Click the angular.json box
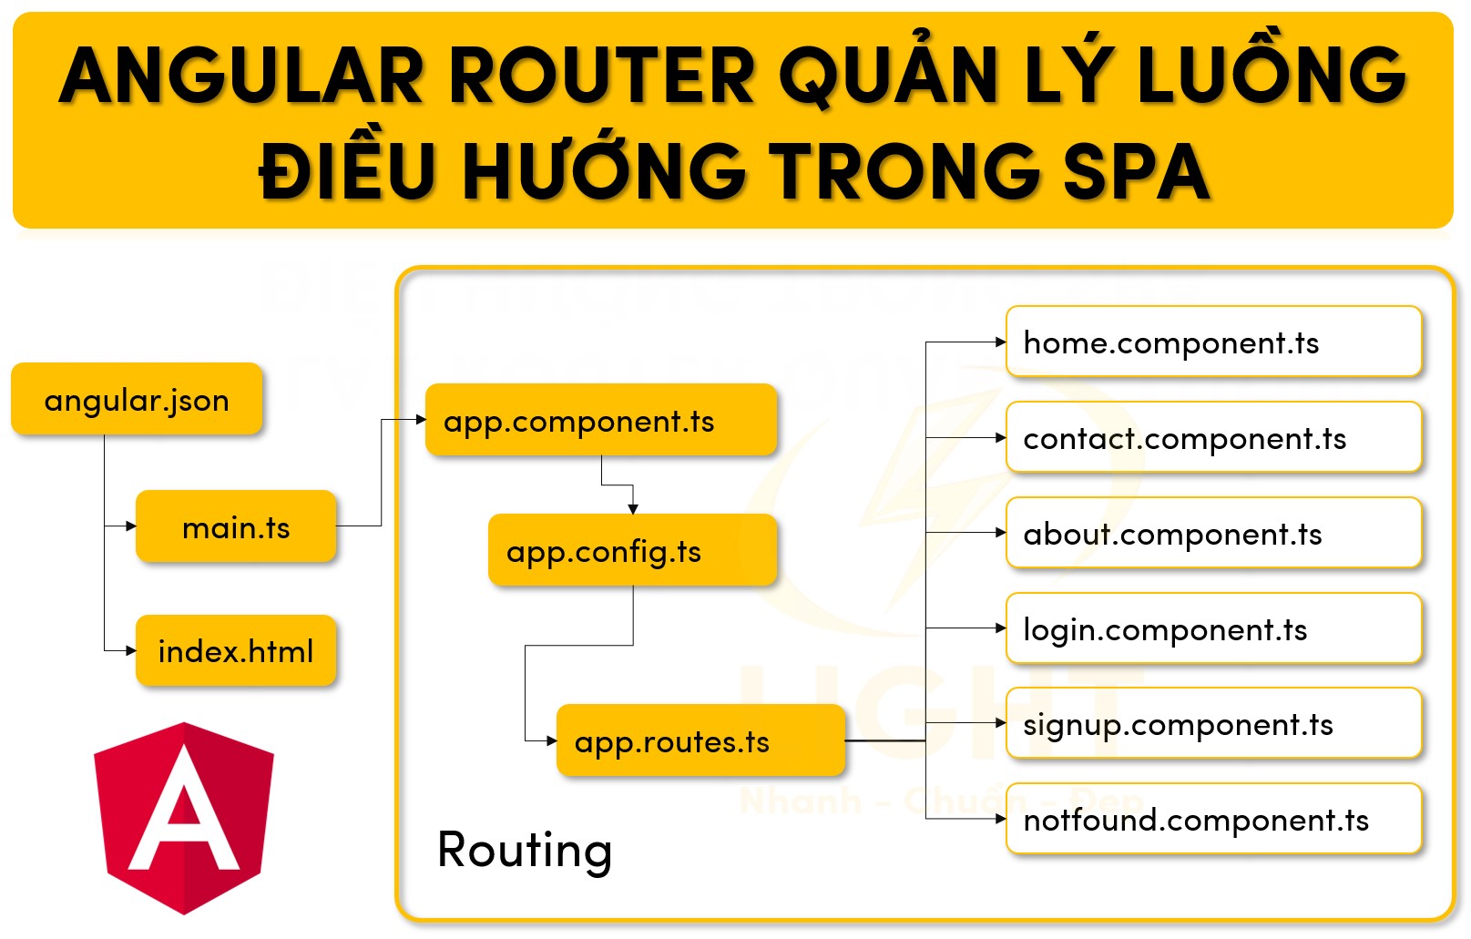pyautogui.click(x=137, y=399)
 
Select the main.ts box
pyautogui.click(x=236, y=526)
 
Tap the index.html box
pyautogui.click(x=236, y=650)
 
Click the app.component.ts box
pyautogui.click(x=600, y=421)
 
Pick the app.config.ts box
pyautogui.click(x=631, y=550)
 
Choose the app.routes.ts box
pyautogui.click(x=700, y=740)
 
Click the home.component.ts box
pyautogui.click(x=1212, y=342)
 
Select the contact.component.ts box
pyautogui.click(x=1212, y=438)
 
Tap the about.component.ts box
pyautogui.click(x=1212, y=533)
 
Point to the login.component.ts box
pyautogui.click(x=1212, y=628)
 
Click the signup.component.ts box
pyautogui.click(x=1212, y=724)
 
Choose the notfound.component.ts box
pyautogui.click(x=1212, y=819)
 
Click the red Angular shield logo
pyautogui.click(x=184, y=817)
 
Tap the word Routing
pyautogui.click(x=524, y=850)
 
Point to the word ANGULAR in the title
pyautogui.click(x=242, y=76)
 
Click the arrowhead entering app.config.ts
pyautogui.click(x=633, y=509)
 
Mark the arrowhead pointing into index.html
pyautogui.click(x=131, y=650)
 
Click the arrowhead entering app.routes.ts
pyautogui.click(x=551, y=740)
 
